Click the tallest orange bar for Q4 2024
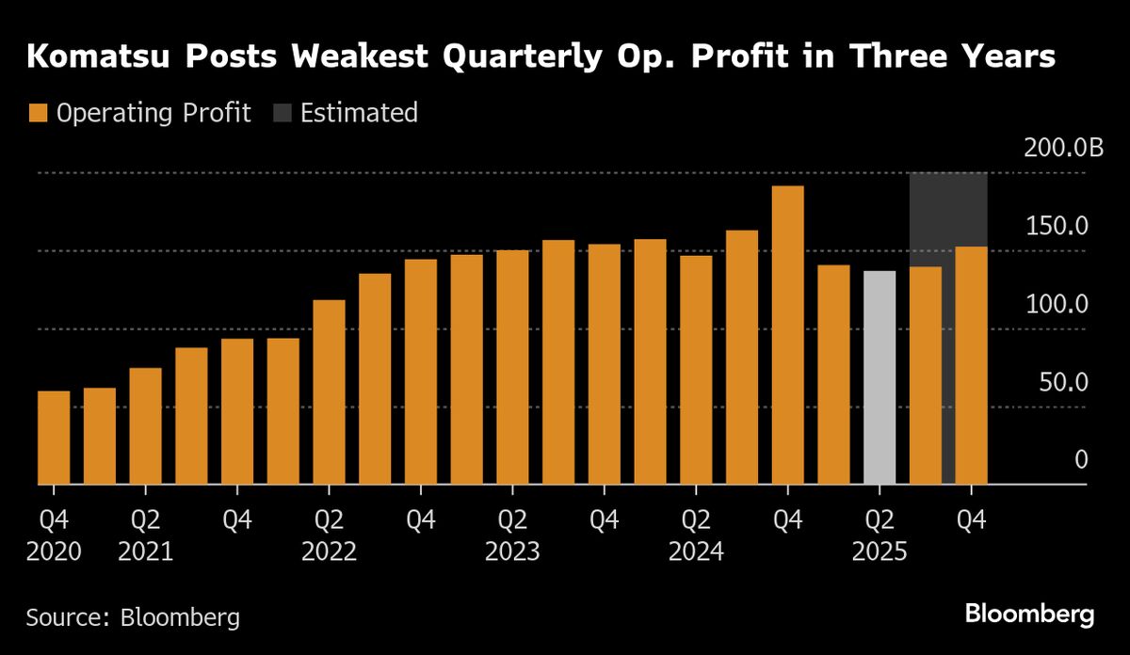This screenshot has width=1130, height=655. click(787, 335)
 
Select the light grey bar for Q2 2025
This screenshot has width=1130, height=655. click(880, 377)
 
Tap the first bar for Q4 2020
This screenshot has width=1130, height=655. click(54, 438)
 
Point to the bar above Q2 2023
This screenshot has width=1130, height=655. click(512, 367)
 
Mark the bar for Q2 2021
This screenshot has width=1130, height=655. click(145, 426)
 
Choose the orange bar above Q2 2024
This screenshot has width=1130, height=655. click(696, 370)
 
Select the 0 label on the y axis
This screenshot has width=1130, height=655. click(1081, 460)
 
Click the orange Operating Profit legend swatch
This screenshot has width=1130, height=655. click(37, 114)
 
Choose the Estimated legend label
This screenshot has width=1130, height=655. click(359, 114)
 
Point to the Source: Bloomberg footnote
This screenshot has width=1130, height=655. click(133, 617)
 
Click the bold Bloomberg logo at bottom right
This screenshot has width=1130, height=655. click(1029, 615)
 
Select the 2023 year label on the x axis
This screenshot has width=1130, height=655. click(512, 551)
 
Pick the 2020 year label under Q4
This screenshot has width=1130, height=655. click(54, 551)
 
